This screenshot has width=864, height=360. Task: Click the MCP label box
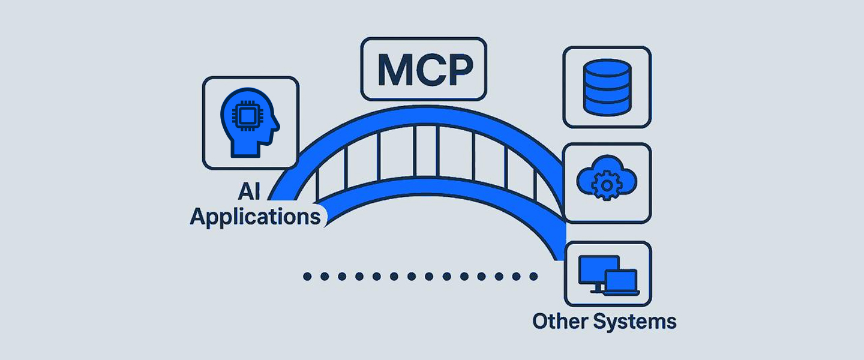[424, 69]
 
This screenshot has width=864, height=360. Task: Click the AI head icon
[248, 121]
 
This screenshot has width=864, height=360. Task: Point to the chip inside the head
[244, 115]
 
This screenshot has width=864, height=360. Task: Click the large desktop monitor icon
[598, 272]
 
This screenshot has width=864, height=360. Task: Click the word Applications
[255, 217]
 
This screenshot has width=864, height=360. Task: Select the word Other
[559, 321]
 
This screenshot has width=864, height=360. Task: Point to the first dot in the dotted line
[307, 277]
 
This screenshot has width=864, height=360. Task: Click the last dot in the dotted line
[533, 277]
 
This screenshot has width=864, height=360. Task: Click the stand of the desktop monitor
[598, 289]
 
